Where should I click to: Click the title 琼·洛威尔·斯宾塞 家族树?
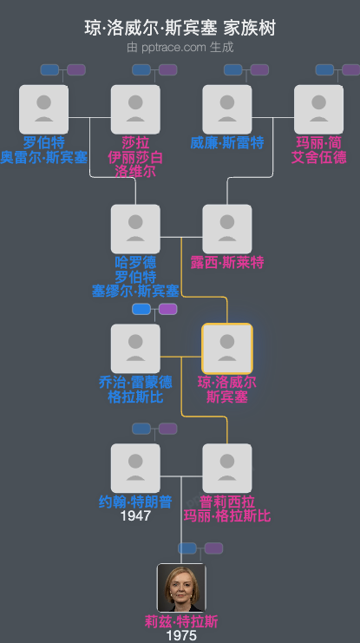(180, 28)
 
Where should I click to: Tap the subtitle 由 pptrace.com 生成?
(180, 47)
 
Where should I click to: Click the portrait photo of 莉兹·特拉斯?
(181, 587)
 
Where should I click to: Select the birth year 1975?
(181, 635)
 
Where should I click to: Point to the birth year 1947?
(135, 515)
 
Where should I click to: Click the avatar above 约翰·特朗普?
(135, 469)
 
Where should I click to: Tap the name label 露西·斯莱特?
(227, 262)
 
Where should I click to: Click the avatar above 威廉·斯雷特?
(227, 109)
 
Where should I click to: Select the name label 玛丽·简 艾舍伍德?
(318, 149)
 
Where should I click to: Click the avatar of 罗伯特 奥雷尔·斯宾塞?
(43, 109)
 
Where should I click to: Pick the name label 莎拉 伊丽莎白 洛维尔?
(135, 157)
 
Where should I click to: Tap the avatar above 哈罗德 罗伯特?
(135, 229)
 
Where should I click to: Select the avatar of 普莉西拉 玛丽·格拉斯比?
(227, 469)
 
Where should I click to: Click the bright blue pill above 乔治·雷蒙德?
(141, 309)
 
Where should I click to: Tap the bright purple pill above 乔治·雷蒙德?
(167, 309)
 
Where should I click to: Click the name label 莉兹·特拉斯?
(181, 620)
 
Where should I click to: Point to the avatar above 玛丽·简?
(318, 109)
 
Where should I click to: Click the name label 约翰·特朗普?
(135, 502)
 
